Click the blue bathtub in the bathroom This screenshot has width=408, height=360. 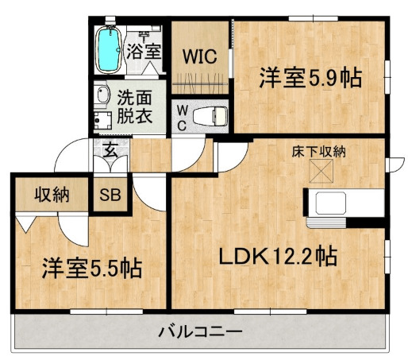106,48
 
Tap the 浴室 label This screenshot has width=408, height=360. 144,52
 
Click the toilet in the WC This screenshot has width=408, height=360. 209,114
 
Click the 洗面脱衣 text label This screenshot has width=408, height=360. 134,107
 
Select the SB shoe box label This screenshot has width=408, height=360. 109,195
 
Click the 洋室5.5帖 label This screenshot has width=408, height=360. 91,268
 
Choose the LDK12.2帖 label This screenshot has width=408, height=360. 278,256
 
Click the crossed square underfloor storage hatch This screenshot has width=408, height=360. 321,170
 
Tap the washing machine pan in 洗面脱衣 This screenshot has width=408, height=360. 102,122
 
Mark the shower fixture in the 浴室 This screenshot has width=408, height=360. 144,35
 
